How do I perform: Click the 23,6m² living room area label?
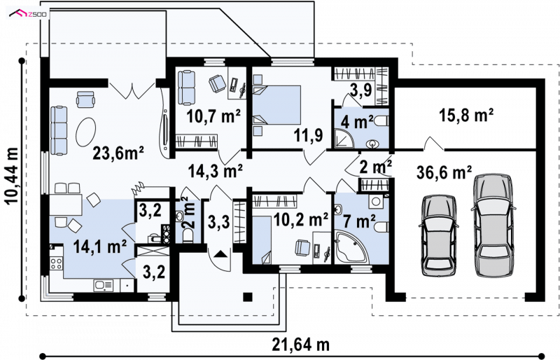118,153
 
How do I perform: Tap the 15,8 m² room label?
466,115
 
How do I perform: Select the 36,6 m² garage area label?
444,173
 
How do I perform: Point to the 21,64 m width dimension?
301,345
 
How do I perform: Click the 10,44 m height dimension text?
12,175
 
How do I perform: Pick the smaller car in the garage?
439,236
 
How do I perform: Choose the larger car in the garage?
494,226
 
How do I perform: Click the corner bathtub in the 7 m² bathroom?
351,247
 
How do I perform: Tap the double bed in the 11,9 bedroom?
276,105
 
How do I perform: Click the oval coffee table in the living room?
85,132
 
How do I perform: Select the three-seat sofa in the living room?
59,130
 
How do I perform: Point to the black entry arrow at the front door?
220,254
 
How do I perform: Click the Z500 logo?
28,14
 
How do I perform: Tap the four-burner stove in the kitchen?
56,263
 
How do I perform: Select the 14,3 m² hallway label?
216,171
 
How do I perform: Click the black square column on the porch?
248,297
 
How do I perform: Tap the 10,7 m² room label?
213,116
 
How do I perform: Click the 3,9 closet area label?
360,90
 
